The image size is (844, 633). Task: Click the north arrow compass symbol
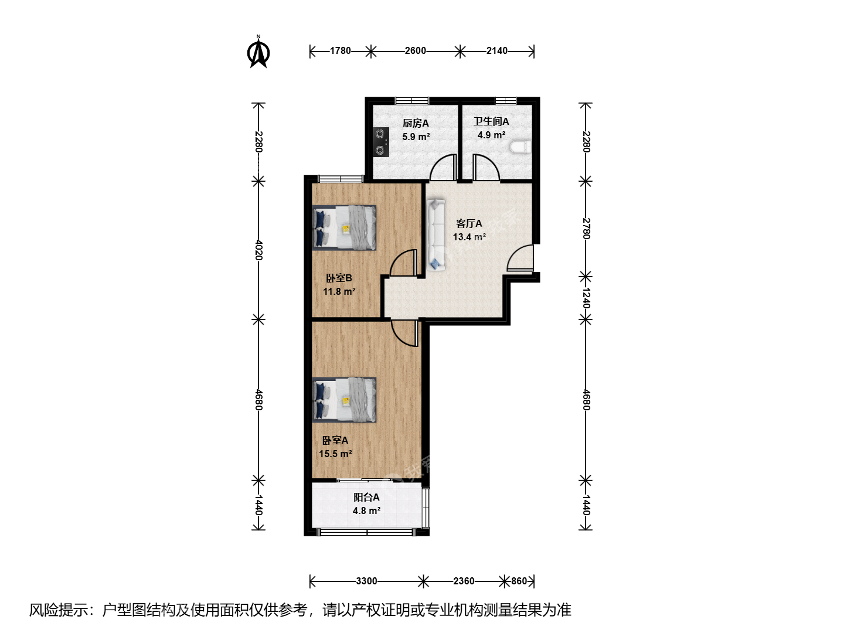tap(258, 52)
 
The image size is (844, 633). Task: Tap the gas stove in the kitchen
tap(380, 142)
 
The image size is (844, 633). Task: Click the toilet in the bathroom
tap(520, 147)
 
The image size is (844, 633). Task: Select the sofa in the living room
tap(435, 234)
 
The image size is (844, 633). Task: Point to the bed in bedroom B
tap(344, 228)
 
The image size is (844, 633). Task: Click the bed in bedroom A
tap(344, 400)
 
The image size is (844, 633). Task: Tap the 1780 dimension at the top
tap(341, 51)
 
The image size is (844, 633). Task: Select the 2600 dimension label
tap(416, 51)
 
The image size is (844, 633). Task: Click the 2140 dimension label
tap(497, 51)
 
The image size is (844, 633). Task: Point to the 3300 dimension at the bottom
tap(366, 581)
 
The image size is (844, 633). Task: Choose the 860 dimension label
tap(519, 581)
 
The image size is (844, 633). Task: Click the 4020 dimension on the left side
tap(259, 250)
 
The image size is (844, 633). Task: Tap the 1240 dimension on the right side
tap(586, 298)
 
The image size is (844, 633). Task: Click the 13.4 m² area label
tap(469, 237)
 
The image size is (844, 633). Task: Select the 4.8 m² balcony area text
tap(366, 511)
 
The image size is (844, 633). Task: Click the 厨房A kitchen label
tap(416, 123)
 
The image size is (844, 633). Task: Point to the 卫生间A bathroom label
tap(491, 121)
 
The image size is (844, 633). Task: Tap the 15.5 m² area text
tap(335, 454)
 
